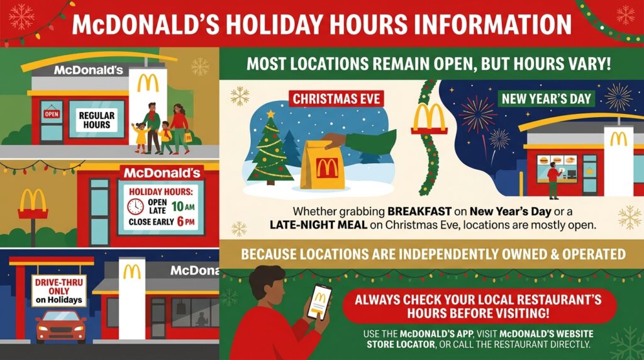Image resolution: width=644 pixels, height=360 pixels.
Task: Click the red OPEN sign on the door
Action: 52,114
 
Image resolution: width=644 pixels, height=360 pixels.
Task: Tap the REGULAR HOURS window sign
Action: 97,120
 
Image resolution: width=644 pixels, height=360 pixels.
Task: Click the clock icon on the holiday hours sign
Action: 135,206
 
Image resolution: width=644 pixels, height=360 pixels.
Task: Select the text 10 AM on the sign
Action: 183,206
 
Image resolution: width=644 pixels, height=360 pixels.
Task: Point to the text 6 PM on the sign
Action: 186,222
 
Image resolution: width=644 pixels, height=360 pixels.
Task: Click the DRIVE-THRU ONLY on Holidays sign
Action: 59,291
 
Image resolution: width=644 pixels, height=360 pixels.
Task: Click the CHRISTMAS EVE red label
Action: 336,99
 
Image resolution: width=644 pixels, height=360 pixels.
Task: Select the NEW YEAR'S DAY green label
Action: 547,99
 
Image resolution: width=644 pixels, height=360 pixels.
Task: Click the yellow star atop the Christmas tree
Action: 270,113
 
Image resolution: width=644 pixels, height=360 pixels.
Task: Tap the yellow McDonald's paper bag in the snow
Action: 323,166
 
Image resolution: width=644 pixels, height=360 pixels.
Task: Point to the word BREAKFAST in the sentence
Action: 419,212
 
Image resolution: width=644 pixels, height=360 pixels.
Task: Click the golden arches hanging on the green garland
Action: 429,118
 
